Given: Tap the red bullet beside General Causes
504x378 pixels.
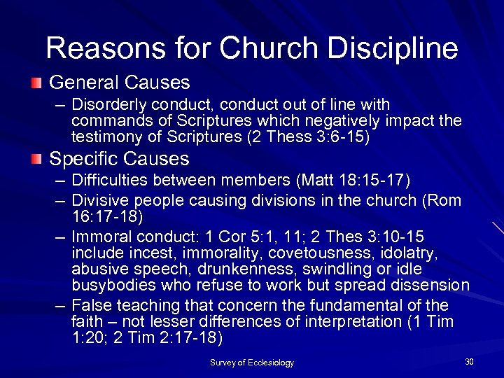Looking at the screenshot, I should coord(36,83).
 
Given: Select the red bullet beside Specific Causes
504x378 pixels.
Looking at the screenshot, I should coord(36,160).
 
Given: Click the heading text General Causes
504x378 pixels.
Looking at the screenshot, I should coord(119,83).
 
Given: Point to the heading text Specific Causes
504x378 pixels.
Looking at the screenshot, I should coord(119,159).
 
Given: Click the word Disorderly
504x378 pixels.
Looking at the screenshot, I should coord(107,105).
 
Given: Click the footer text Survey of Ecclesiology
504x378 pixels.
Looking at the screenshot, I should coord(252,363).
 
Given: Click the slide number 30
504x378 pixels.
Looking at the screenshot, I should coord(469,361).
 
